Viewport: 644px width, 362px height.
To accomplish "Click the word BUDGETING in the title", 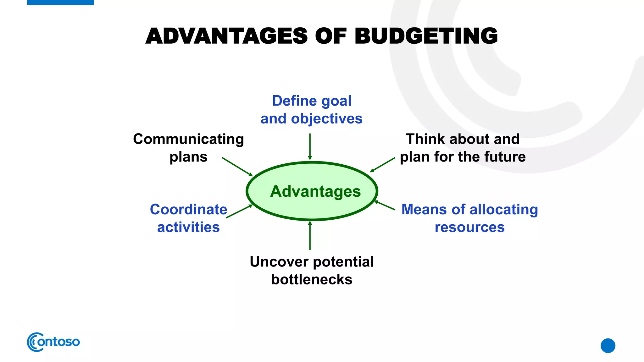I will point(426,36).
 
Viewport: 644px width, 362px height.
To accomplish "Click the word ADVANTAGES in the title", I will point(226,36).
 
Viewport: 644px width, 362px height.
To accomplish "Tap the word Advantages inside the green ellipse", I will point(315,191).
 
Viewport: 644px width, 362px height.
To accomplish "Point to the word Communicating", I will point(188,139).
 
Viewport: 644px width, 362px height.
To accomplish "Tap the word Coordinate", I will point(188,210).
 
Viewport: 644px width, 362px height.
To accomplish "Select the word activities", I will point(188,227).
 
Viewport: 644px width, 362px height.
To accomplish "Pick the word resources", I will point(469,227).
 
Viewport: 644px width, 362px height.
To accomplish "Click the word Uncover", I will point(275,262).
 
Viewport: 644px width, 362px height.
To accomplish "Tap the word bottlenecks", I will point(312,280).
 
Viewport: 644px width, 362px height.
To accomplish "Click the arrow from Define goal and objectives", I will point(310,146).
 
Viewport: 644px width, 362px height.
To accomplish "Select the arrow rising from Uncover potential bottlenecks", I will point(310,236).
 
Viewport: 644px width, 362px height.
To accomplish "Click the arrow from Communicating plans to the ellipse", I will point(237,167).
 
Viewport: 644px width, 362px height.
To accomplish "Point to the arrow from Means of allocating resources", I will point(385,205).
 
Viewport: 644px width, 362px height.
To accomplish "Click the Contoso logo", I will point(53,342).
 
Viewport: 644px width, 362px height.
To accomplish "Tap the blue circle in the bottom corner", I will point(608,346).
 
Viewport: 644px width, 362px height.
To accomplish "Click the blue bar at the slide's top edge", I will point(60,2).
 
